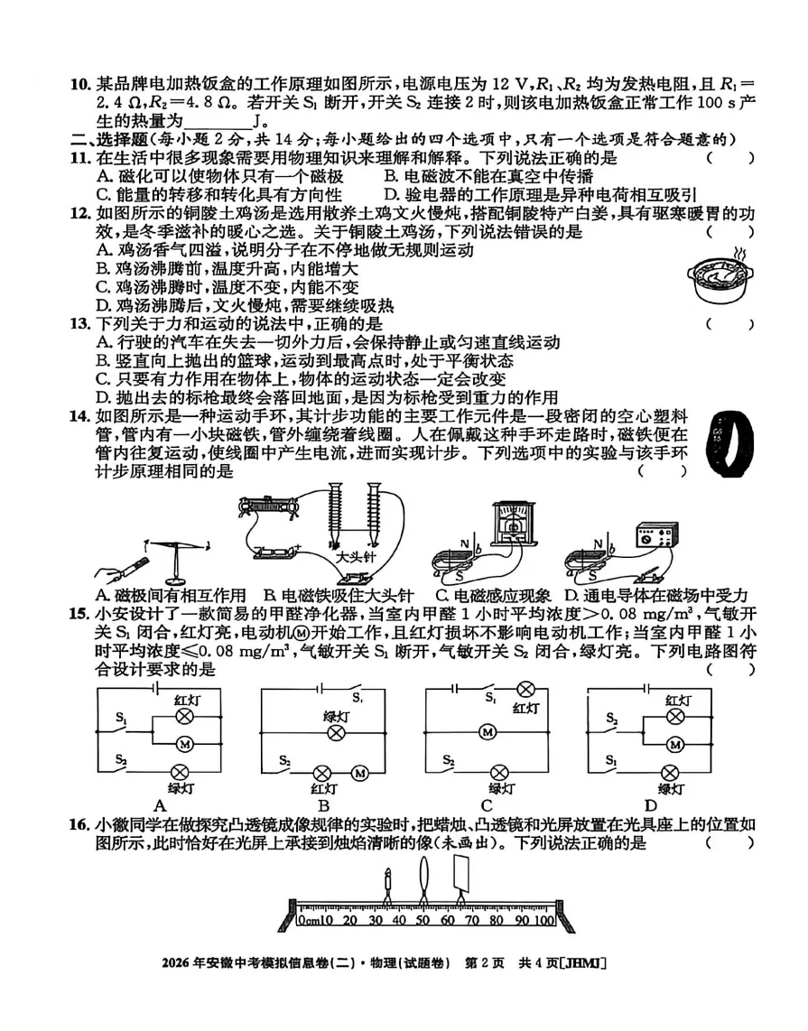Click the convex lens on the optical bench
(x=424, y=876)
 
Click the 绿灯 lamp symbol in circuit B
(x=336, y=731)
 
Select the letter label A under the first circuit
(x=161, y=806)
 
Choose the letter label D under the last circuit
(x=650, y=806)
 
